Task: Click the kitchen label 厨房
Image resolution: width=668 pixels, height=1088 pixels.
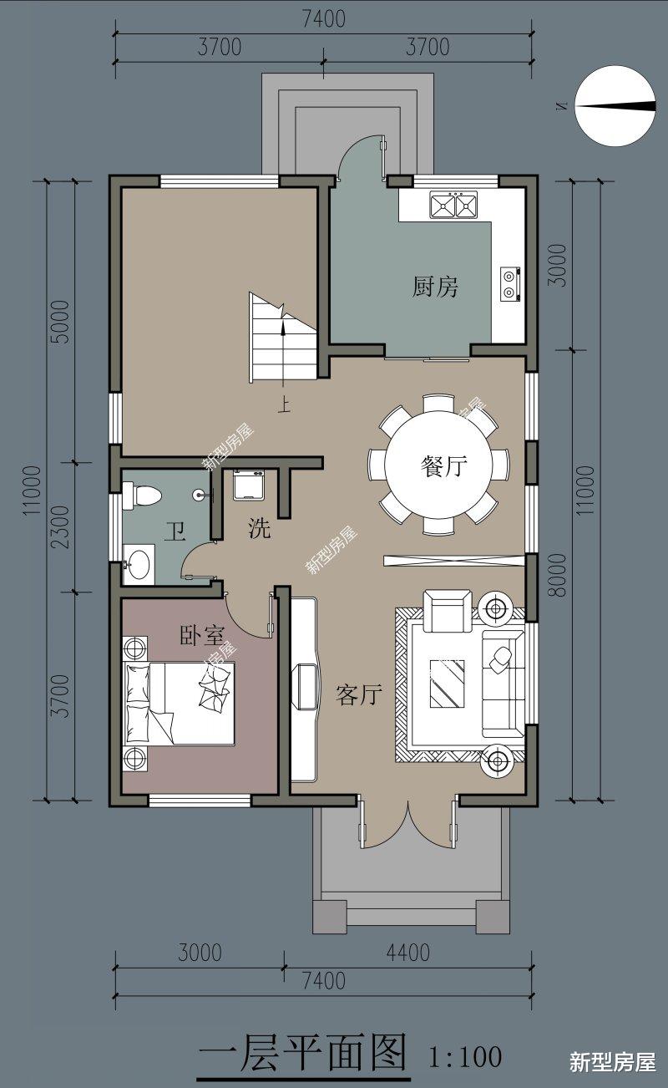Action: tap(435, 287)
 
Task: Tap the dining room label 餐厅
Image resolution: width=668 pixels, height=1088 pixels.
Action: tap(443, 465)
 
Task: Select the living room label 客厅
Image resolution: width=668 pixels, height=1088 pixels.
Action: tap(359, 695)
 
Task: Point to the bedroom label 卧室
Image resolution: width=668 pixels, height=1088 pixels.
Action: tap(202, 635)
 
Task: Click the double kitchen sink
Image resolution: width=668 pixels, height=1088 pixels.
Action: tap(453, 204)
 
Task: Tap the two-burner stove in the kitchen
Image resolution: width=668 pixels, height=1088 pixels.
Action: tap(511, 283)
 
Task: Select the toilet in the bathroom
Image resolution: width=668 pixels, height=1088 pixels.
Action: tap(141, 495)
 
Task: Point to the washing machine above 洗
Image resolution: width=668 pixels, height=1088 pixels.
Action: tap(249, 485)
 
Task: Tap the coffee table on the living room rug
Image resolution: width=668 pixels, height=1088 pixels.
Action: tap(447, 684)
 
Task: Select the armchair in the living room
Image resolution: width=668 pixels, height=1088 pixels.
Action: tap(447, 611)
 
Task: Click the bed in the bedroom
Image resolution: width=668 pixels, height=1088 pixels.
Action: tap(179, 703)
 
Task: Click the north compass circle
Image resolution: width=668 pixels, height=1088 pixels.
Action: tap(615, 106)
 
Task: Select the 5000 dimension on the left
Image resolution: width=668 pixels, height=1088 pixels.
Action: tap(60, 321)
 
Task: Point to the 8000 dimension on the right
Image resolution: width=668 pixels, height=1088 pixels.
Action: tap(559, 575)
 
